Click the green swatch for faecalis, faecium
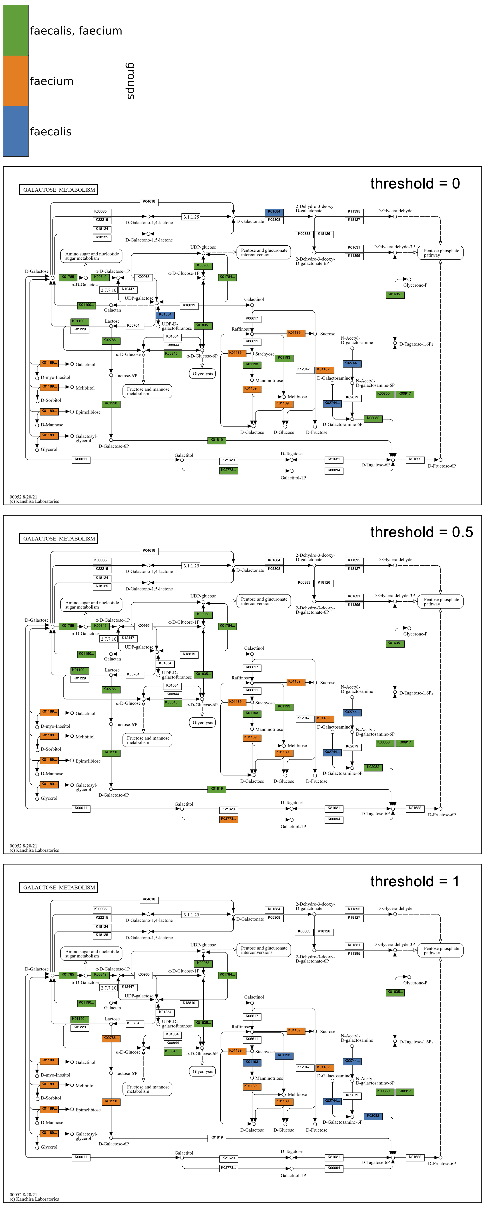pos(16,30)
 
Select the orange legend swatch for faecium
pos(16,81)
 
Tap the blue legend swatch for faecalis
pos(16,131)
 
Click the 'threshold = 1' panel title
pos(414,881)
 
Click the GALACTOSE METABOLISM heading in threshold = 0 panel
pos(59,190)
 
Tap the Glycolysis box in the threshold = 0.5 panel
pos(203,723)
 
